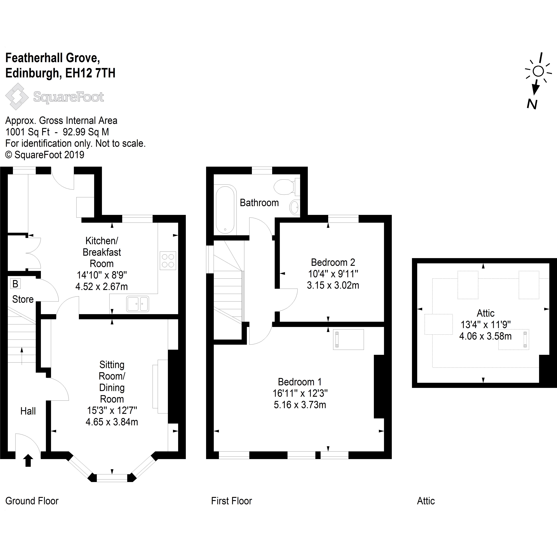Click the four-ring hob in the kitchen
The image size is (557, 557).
168,261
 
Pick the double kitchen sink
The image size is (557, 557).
137,304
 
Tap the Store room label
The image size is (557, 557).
23,299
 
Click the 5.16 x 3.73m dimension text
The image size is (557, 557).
300,405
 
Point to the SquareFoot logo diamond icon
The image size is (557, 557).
17,97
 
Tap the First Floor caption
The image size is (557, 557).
231,501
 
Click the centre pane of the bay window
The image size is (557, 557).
112,478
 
